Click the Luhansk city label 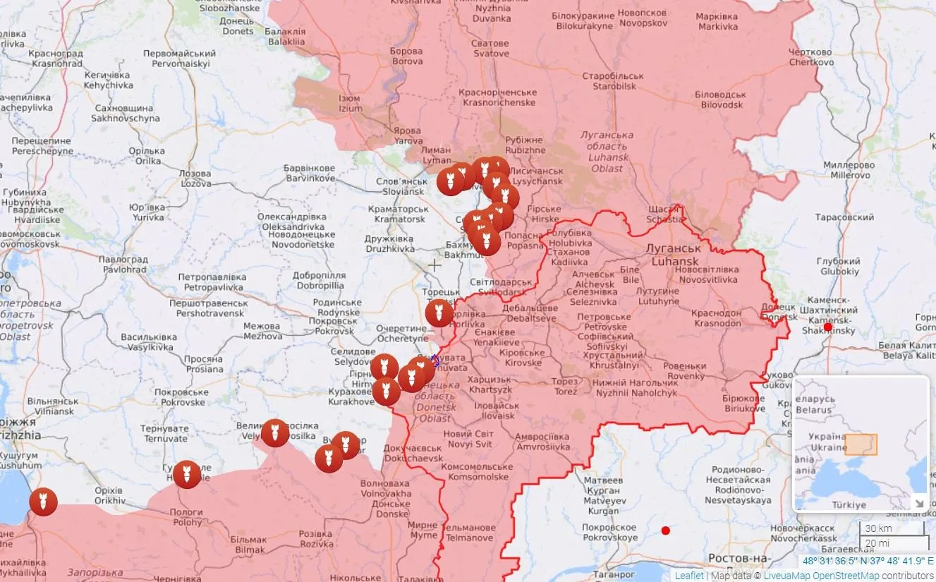click(675, 255)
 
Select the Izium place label click(350, 104)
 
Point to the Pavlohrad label click(125, 265)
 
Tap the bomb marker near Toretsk click(439, 313)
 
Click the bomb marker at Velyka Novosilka click(275, 432)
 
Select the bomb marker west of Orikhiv click(43, 502)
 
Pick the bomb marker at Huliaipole click(187, 474)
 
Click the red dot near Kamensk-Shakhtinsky click(828, 327)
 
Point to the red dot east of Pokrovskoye click(665, 531)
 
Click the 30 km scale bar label click(878, 528)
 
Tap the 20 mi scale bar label click(878, 542)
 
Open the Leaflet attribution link click(689, 576)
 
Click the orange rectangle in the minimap click(861, 444)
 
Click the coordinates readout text click(868, 562)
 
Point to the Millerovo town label click(849, 170)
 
